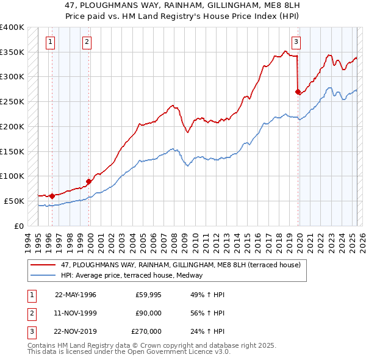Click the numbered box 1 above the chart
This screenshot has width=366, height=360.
pos(49,42)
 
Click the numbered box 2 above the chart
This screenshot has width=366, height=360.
pos(87,42)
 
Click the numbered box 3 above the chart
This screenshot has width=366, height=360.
pos(296,42)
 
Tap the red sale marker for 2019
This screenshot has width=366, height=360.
pos(298,92)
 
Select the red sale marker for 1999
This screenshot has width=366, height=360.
pos(89,181)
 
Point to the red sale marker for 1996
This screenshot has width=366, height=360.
pos(52,196)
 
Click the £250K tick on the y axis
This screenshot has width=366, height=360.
pos(12,101)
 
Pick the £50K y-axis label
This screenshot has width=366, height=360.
pos(15,201)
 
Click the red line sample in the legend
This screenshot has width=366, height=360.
pos(43,265)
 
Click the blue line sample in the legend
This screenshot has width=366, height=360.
pos(43,275)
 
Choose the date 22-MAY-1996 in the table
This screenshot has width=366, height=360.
pos(76,294)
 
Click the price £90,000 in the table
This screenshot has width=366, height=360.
pos(148,313)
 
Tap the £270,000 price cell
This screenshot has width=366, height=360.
pos(146,332)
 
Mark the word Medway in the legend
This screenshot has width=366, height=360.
pos(198,275)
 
